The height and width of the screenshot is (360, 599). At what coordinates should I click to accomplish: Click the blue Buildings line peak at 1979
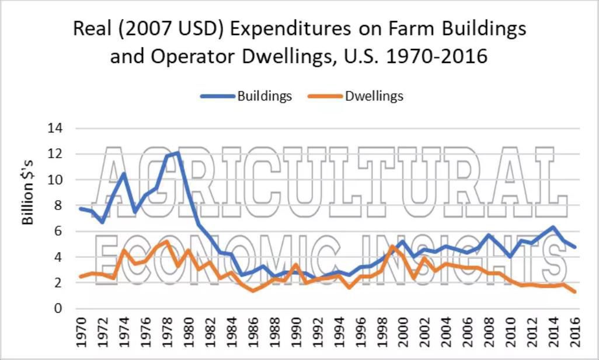click(x=178, y=153)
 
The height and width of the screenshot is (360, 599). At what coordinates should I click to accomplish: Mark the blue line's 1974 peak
click(x=124, y=173)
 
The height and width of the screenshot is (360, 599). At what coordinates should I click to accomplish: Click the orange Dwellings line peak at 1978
click(x=167, y=242)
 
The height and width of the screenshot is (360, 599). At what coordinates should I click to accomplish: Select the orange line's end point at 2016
click(x=575, y=292)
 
